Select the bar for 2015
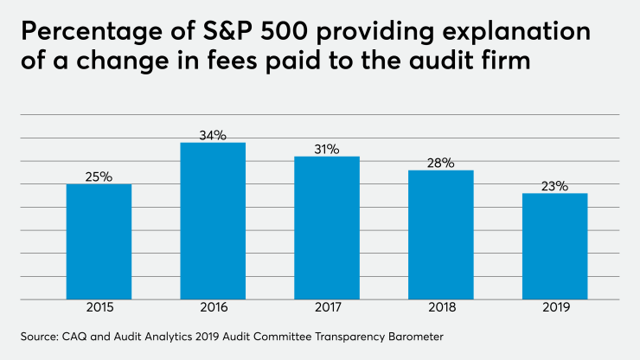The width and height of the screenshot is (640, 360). [x=99, y=241]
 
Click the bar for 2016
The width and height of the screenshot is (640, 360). [x=213, y=221]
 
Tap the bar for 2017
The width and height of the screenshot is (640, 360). [x=327, y=228]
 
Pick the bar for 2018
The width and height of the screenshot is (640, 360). [x=440, y=235]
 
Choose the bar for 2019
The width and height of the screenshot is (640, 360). [x=554, y=246]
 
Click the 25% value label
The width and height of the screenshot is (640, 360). [x=99, y=177]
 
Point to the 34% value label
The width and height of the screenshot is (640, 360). [x=213, y=135]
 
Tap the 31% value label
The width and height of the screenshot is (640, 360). [x=327, y=149]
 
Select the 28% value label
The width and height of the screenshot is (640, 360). [x=440, y=163]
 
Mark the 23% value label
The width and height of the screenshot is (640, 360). [x=554, y=185]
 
